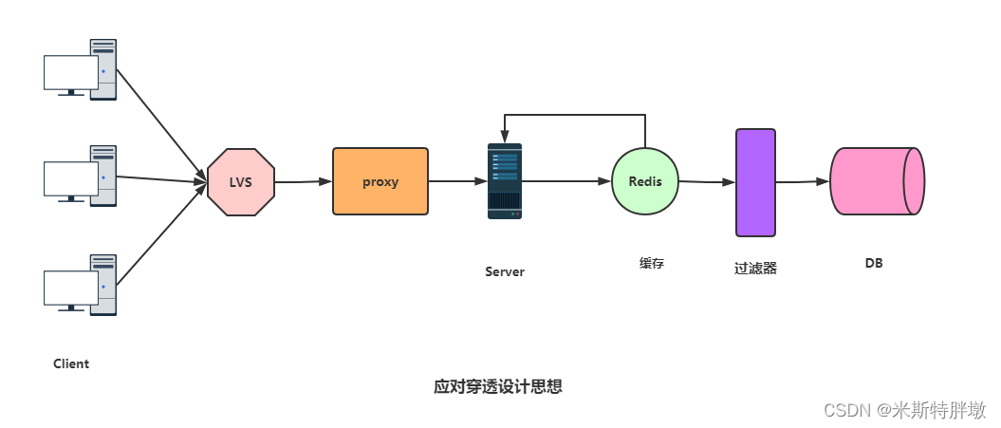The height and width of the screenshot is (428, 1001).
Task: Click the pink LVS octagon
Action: tap(241, 181)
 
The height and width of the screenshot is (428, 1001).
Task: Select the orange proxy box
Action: tap(380, 180)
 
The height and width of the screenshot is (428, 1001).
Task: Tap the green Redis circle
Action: tap(645, 180)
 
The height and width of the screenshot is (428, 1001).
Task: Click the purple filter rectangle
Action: tap(755, 182)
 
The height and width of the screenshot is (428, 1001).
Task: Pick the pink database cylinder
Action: tap(876, 180)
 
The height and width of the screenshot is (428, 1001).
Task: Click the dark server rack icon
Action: tap(505, 181)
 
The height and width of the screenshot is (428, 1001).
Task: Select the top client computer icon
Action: tap(81, 68)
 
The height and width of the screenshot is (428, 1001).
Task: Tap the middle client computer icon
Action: tap(81, 175)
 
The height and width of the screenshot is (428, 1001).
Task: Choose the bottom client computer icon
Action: tap(81, 284)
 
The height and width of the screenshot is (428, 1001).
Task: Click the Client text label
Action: tap(71, 363)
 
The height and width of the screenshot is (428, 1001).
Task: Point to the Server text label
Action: tap(505, 271)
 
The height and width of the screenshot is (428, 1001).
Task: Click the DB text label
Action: tap(874, 263)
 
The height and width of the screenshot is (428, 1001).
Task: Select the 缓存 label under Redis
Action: tap(652, 264)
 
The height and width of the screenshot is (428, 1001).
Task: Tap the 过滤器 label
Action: tap(755, 269)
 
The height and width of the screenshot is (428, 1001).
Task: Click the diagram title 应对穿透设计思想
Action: tap(498, 387)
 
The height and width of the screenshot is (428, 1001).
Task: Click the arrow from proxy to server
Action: tap(457, 180)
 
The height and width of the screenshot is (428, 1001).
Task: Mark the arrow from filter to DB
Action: tap(803, 181)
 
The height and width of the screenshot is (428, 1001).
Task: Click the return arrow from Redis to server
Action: tap(574, 115)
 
